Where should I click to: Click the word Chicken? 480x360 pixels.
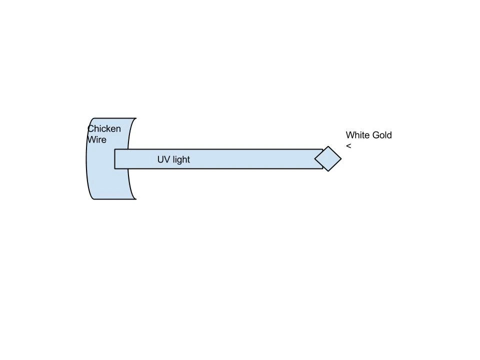[104, 129]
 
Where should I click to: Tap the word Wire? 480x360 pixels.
[97, 140]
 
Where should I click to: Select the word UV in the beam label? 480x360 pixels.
[163, 159]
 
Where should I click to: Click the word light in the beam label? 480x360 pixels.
[180, 159]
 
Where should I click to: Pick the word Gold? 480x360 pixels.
[382, 135]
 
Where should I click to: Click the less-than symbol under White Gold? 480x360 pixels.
[348, 146]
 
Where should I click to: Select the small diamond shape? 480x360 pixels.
[328, 159]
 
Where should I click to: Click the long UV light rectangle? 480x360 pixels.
[225, 159]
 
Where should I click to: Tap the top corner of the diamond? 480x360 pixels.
[328, 146]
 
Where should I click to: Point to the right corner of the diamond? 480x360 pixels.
[341, 159]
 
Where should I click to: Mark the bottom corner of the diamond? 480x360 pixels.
[328, 171]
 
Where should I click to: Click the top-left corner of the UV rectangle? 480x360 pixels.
[115, 149]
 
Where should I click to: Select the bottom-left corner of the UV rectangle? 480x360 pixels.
[115, 168]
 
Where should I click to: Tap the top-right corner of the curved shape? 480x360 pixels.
[135, 118]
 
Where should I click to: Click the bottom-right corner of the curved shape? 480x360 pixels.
[135, 199]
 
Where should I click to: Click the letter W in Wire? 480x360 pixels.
[91, 140]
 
